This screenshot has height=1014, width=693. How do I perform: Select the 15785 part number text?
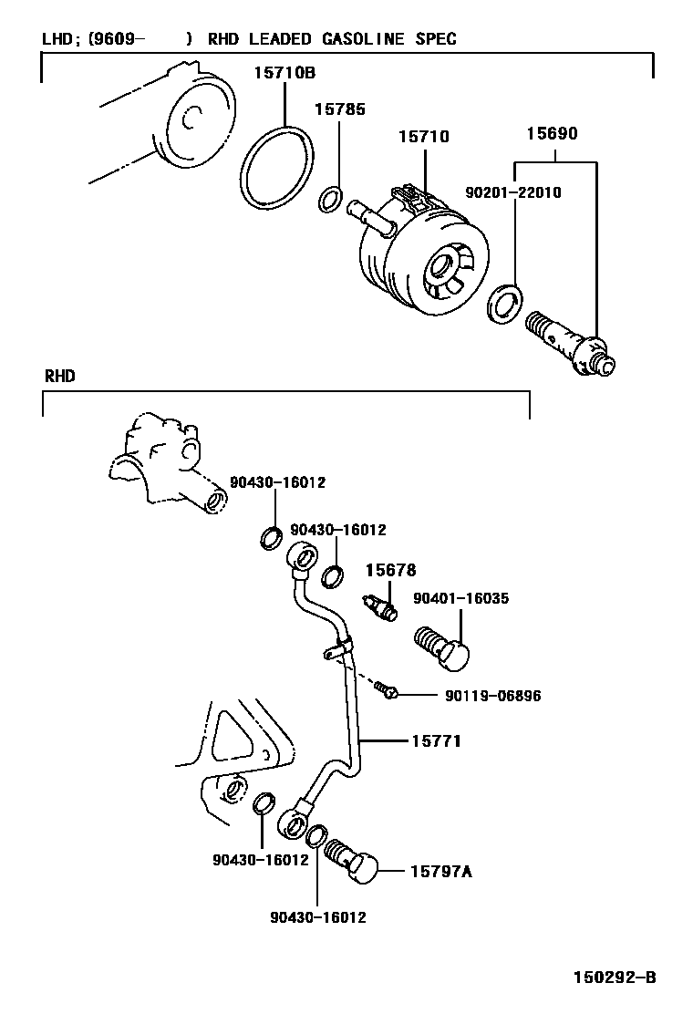[339, 109]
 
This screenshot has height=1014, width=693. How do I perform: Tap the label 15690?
[551, 133]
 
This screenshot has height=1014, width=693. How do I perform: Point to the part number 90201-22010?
[512, 193]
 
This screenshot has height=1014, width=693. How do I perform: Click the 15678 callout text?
[390, 570]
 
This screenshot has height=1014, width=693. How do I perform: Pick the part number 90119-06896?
[493, 696]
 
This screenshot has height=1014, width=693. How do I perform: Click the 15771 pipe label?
[435, 741]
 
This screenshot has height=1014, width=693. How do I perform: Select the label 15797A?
[440, 872]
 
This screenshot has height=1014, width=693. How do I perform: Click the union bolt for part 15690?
[570, 346]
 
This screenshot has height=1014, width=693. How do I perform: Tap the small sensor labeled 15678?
[379, 605]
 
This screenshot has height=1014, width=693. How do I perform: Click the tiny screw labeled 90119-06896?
[388, 693]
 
